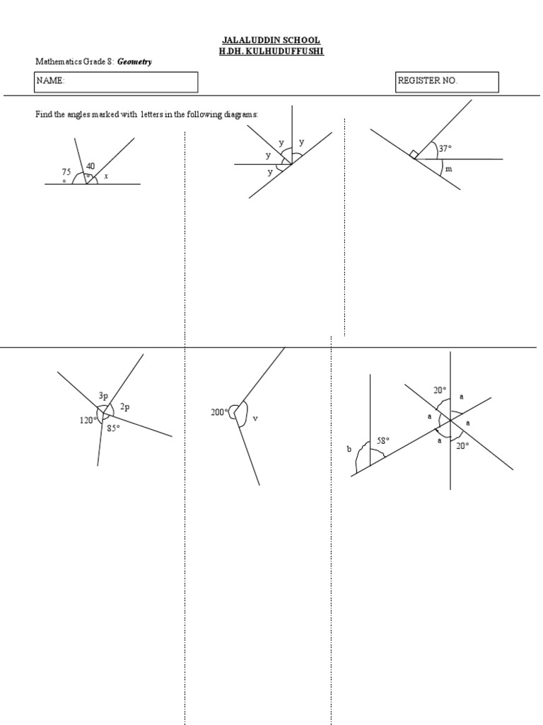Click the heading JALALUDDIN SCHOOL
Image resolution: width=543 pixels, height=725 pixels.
click(272, 41)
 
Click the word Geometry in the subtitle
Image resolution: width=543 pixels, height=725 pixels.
click(134, 62)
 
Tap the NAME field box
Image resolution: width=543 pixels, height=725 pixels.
click(117, 81)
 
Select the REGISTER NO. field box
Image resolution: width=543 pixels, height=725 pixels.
click(447, 81)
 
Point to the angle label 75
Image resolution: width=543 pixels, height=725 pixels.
click(66, 172)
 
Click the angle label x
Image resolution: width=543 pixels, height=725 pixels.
click(106, 176)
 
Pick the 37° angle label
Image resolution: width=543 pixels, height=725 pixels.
click(445, 149)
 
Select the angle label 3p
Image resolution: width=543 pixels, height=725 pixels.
click(103, 397)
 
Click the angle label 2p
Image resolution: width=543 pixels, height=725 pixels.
click(125, 406)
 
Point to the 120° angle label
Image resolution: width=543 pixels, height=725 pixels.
click(87, 421)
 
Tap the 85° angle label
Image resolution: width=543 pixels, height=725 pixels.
click(113, 428)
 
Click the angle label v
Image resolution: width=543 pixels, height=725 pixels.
click(255, 418)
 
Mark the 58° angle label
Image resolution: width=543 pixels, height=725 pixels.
click(383, 441)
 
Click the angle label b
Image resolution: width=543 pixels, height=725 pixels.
click(349, 449)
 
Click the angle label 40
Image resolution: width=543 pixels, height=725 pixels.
click(90, 166)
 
